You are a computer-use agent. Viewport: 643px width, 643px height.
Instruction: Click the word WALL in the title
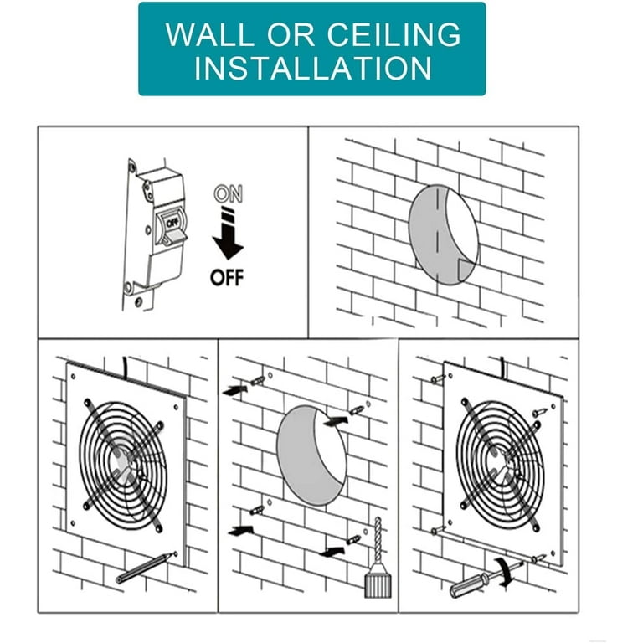[209, 34]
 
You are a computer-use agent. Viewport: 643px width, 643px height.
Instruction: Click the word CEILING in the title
[394, 34]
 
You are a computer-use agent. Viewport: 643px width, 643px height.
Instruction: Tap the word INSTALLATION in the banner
[313, 68]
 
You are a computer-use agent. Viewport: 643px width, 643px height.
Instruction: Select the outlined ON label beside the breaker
[229, 193]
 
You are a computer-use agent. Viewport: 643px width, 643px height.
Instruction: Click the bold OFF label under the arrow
[227, 278]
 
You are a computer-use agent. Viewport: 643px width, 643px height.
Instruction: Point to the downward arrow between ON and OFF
[228, 234]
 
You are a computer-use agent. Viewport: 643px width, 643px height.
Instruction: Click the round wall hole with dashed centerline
[444, 234]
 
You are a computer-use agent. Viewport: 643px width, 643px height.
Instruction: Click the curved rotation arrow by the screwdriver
[506, 571]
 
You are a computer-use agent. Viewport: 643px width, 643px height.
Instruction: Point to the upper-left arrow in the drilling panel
[235, 390]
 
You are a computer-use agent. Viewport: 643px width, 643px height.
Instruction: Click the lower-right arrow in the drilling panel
[332, 552]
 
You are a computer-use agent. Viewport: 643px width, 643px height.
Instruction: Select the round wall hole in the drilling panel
[312, 455]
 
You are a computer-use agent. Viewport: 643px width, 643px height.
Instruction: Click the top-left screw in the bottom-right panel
[438, 379]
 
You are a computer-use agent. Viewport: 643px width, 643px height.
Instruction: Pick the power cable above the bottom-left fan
[125, 367]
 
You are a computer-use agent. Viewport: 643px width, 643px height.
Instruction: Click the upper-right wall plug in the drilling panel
[356, 409]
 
